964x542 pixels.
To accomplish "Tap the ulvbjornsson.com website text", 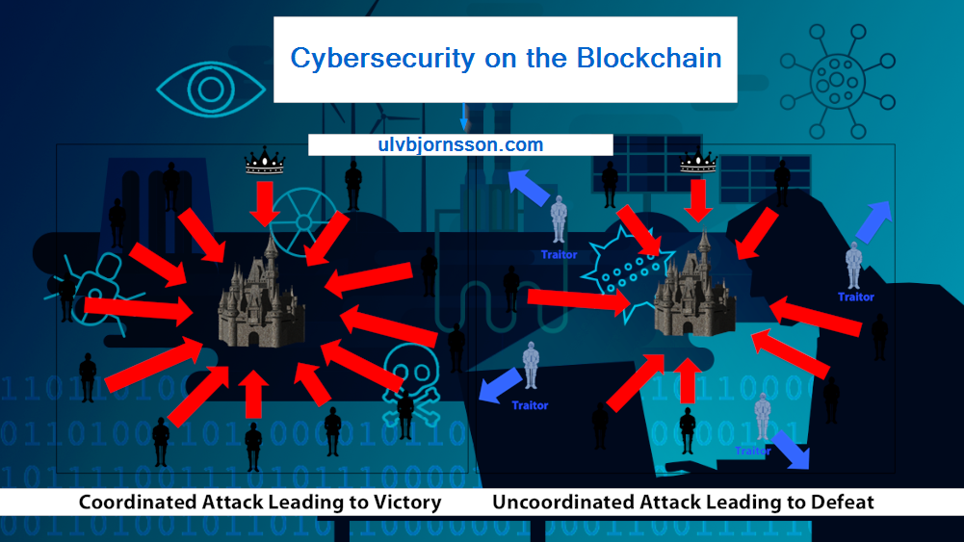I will [x=460, y=145].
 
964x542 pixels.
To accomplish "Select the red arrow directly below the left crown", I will [x=263, y=202].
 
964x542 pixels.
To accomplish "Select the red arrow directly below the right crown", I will [x=699, y=199].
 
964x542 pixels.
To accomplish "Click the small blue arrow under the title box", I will [x=465, y=117].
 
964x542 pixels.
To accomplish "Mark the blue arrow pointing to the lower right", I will [x=791, y=450].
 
